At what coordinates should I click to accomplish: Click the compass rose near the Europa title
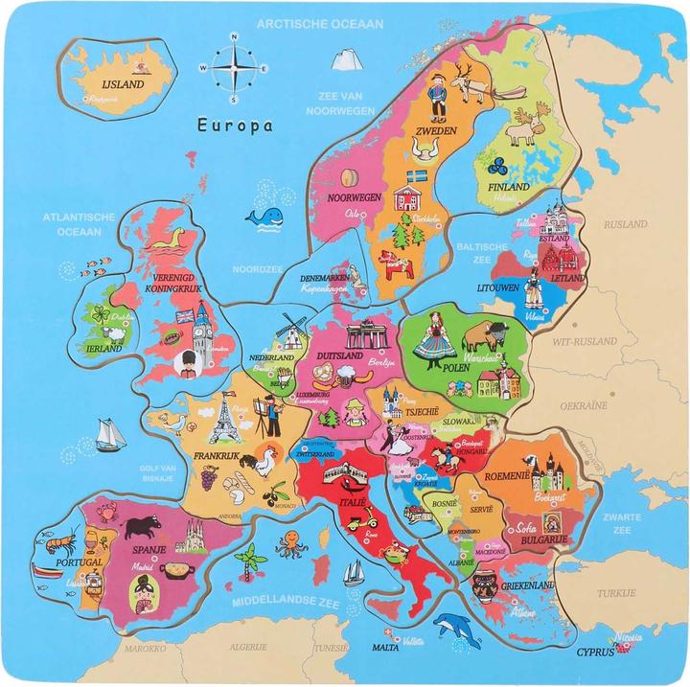click(x=234, y=68)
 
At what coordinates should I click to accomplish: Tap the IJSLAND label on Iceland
click(x=122, y=83)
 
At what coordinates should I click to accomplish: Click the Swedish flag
click(x=417, y=177)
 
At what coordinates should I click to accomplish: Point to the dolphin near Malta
click(x=453, y=628)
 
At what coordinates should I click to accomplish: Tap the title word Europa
click(x=234, y=124)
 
